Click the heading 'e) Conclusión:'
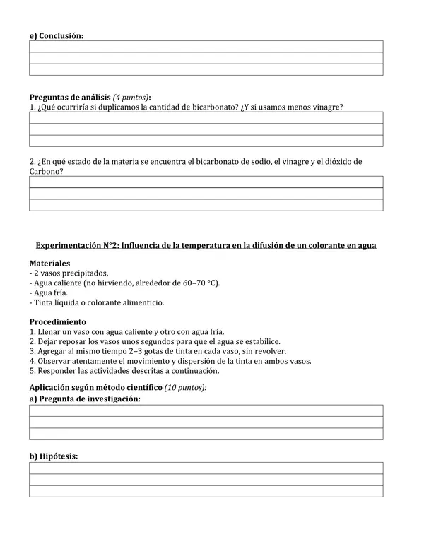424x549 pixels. [56, 35]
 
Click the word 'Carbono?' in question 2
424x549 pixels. [46, 171]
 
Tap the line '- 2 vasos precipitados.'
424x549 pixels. [69, 273]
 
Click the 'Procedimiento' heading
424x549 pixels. [58, 321]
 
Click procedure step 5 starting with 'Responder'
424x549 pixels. [124, 370]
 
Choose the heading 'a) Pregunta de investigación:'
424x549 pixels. [85, 399]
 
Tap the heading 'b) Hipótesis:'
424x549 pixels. [53, 456]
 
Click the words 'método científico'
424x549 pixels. [130, 388]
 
